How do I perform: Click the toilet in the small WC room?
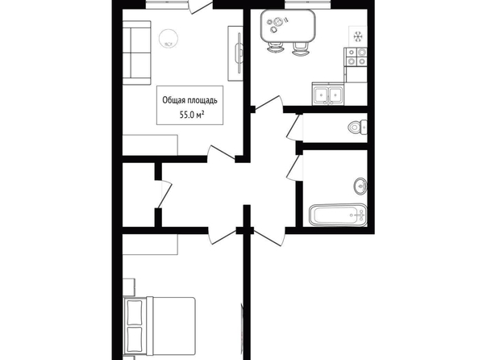(357, 127)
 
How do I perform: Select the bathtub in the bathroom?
(338, 215)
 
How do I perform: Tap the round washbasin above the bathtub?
(360, 186)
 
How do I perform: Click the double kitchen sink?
(328, 94)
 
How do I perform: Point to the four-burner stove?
(356, 57)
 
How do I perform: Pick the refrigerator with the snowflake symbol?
(358, 36)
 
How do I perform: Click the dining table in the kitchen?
(288, 26)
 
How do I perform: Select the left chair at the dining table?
(275, 48)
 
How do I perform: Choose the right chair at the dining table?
(300, 49)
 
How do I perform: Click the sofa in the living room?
(137, 52)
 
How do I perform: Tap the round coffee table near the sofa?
(168, 38)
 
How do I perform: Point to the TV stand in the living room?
(235, 53)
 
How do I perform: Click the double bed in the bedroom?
(159, 326)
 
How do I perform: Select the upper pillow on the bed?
(135, 313)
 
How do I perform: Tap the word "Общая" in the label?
(173, 100)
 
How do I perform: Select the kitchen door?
(268, 103)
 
